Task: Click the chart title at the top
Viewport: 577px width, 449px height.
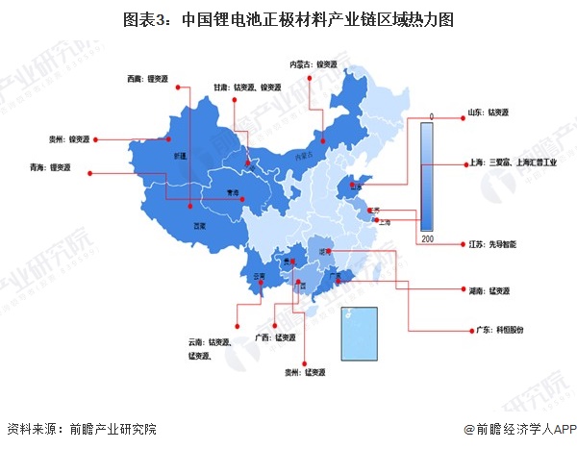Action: (x=288, y=18)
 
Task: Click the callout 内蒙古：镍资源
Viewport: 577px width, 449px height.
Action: (x=314, y=64)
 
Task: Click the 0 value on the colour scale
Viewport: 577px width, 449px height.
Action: (x=431, y=116)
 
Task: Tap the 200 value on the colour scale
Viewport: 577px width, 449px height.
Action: (x=427, y=237)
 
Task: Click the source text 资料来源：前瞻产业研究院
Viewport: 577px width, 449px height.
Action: (x=82, y=430)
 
